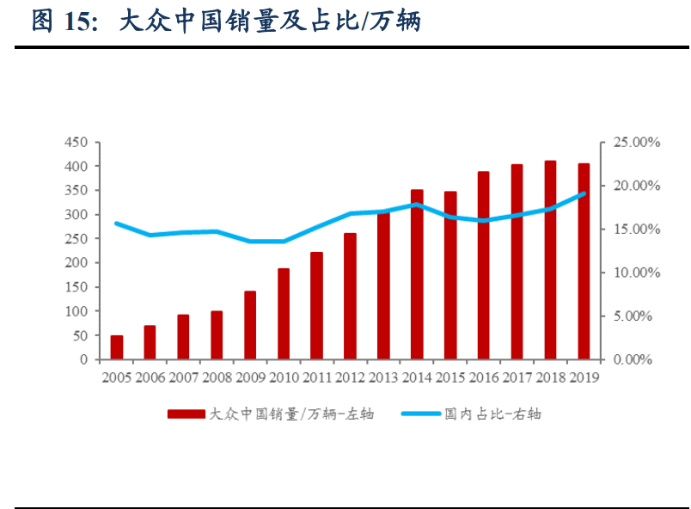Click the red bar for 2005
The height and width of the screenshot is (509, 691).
(x=117, y=347)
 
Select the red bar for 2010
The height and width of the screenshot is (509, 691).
(x=284, y=314)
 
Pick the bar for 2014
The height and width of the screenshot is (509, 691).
(x=417, y=274)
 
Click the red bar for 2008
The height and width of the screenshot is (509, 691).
(x=217, y=335)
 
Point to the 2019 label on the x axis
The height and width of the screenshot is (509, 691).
(x=584, y=377)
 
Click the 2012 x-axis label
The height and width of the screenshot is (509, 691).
(x=350, y=377)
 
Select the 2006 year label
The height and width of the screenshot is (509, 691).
(x=150, y=377)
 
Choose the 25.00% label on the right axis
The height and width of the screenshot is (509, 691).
(x=636, y=142)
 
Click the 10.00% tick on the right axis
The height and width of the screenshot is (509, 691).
(x=636, y=273)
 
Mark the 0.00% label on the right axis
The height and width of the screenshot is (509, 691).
(x=633, y=359)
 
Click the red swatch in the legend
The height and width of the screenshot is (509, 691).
(x=186, y=414)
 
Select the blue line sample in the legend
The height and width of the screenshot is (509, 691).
(x=420, y=414)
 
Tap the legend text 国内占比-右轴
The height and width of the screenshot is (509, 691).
(x=493, y=414)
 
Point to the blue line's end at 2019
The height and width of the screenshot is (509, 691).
(x=584, y=193)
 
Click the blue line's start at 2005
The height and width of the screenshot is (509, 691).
(x=117, y=224)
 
